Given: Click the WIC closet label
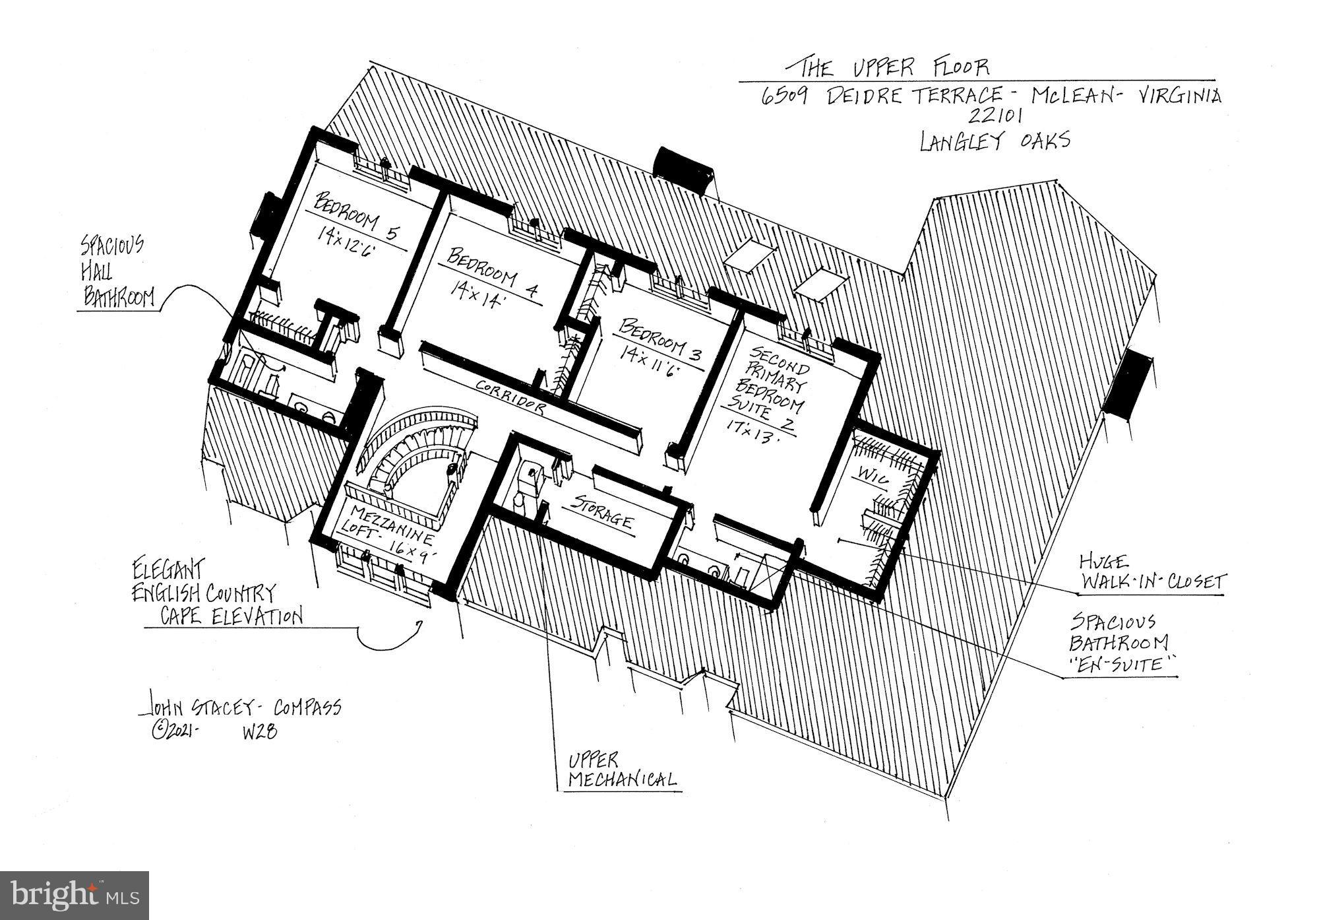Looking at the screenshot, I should click(873, 476).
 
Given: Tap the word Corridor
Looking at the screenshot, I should click(511, 396).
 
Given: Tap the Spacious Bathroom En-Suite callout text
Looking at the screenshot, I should click(1121, 643).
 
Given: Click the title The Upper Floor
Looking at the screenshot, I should click(894, 67).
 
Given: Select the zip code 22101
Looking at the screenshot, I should click(995, 117).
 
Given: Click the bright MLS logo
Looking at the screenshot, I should click(75, 895).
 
